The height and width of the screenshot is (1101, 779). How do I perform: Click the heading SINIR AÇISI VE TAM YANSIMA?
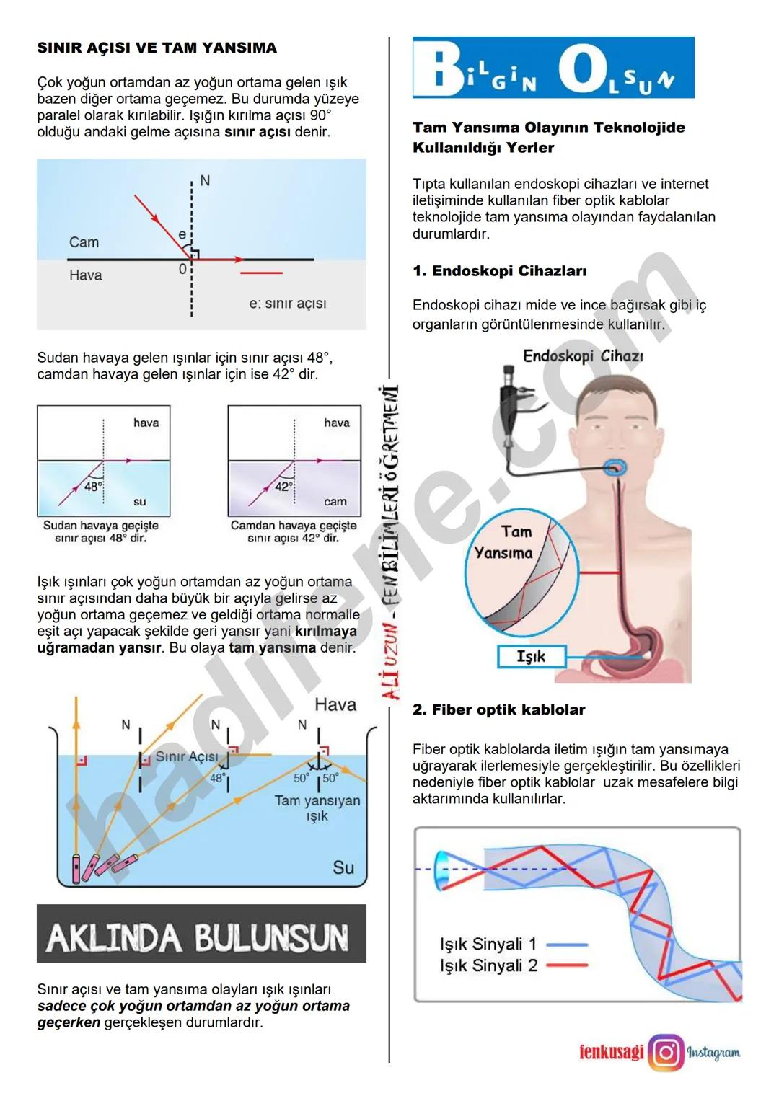[x=157, y=48]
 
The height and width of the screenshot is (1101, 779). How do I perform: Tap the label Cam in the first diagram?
[x=84, y=242]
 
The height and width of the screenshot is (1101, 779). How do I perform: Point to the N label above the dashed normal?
[x=205, y=181]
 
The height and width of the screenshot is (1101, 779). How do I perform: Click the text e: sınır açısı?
[x=287, y=304]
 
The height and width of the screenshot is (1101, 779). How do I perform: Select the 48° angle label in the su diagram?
[x=93, y=487]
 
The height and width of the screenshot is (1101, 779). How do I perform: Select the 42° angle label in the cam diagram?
[x=283, y=487]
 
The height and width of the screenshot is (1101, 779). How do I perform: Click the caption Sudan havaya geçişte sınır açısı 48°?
[x=101, y=531]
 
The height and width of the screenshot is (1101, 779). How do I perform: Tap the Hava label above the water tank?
[x=335, y=704]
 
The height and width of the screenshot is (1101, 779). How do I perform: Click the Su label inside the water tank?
[x=343, y=867]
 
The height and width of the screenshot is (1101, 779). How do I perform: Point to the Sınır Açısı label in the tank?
[x=187, y=756]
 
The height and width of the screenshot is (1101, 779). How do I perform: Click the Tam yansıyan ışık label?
[x=317, y=808]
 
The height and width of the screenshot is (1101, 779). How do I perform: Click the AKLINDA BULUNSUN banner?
[x=201, y=934]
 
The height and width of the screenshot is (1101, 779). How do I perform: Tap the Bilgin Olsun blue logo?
[x=553, y=68]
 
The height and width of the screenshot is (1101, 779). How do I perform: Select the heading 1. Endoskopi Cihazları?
[x=499, y=271]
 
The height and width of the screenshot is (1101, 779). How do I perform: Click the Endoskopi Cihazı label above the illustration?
[x=583, y=355]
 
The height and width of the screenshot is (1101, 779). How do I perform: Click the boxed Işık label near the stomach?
[x=531, y=657]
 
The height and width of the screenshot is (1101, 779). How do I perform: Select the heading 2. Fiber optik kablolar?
[x=498, y=709]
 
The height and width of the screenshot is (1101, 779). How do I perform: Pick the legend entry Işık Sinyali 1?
[x=488, y=944]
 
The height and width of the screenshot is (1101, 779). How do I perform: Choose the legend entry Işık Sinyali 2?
[x=488, y=965]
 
